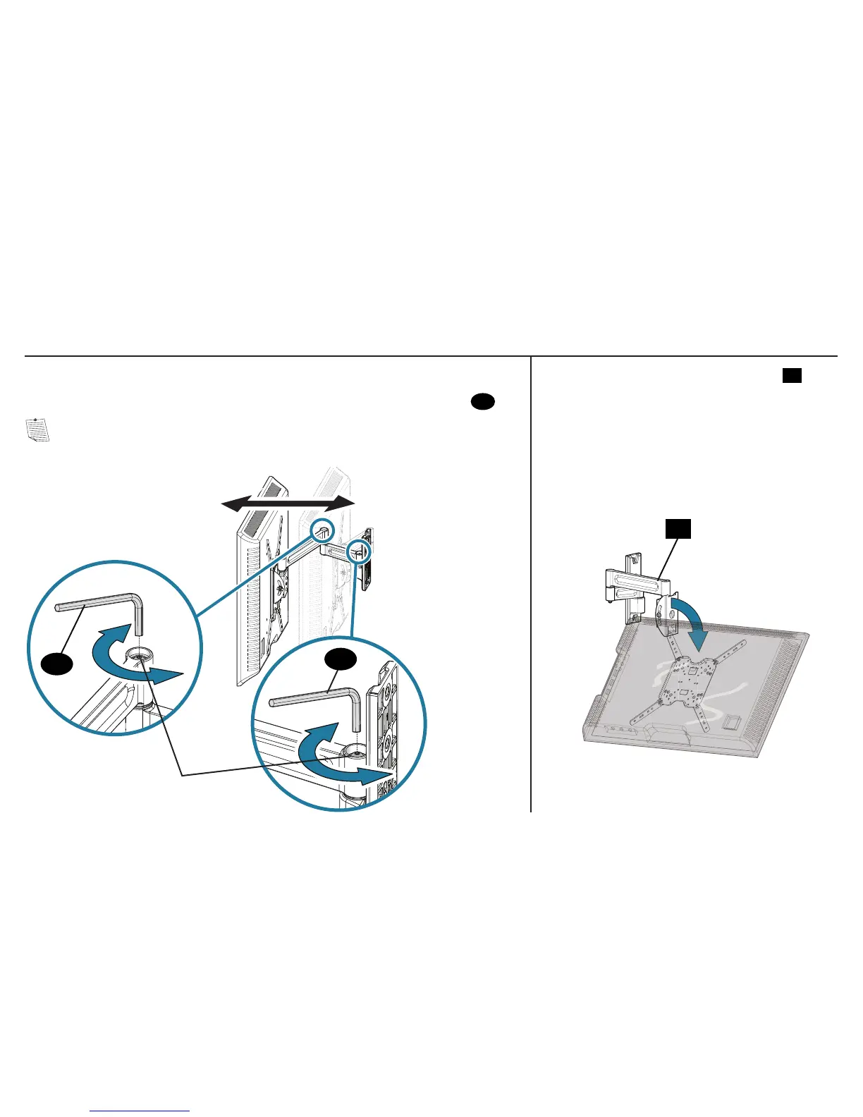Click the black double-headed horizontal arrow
(x=288, y=502)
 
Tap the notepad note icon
(x=37, y=429)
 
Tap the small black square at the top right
(x=791, y=375)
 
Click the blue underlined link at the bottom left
(x=140, y=1111)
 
